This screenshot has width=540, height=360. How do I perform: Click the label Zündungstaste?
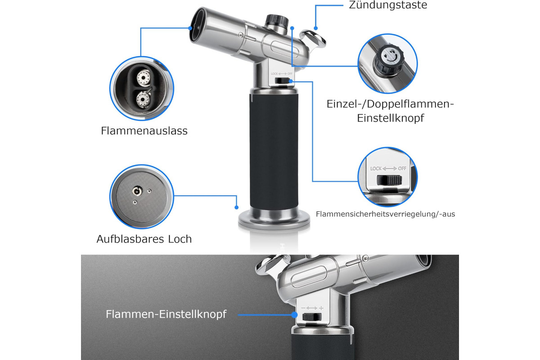click(x=388, y=5)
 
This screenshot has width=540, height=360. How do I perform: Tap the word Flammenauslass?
click(x=144, y=131)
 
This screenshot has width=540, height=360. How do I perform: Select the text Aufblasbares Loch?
click(x=144, y=239)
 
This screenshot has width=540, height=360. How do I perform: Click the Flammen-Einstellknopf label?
click(x=166, y=314)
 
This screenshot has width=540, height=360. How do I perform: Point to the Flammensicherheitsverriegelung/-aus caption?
click(x=385, y=214)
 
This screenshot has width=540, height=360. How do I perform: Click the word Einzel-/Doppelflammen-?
click(x=390, y=104)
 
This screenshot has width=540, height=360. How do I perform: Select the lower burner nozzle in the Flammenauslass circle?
click(x=143, y=99)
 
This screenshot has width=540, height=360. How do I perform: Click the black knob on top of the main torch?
click(x=277, y=21)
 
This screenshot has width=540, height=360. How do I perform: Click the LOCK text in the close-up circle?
click(x=376, y=169)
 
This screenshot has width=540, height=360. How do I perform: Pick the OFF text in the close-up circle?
click(x=402, y=168)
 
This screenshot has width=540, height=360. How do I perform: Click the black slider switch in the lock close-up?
click(x=389, y=180)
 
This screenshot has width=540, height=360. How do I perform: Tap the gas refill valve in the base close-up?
click(x=137, y=191)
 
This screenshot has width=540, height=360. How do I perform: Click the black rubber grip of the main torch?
click(x=274, y=151)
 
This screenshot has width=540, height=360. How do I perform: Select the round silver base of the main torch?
click(x=274, y=220)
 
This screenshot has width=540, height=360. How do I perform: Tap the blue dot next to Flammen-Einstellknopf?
click(x=294, y=315)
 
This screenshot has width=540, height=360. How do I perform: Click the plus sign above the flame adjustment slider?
click(x=321, y=308)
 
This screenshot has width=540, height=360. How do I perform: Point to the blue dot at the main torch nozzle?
click(x=190, y=28)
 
